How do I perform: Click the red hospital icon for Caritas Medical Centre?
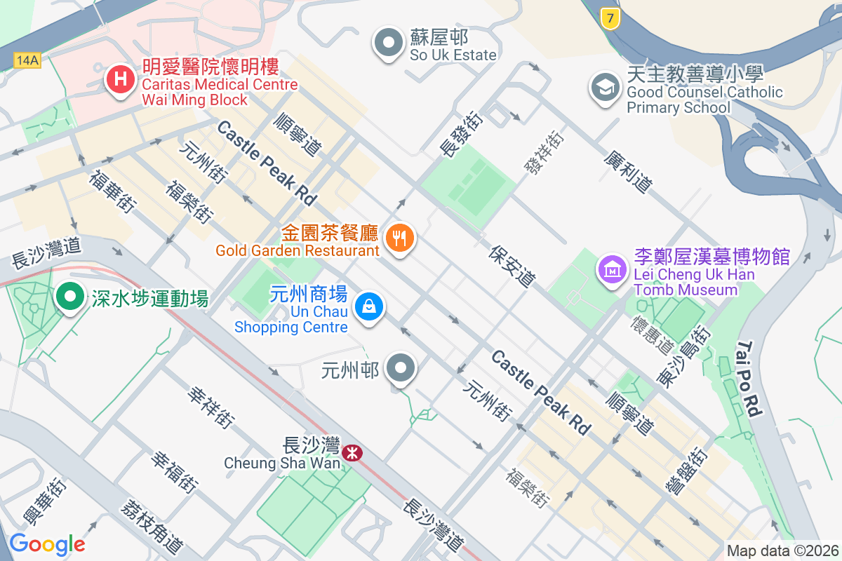click(x=120, y=79)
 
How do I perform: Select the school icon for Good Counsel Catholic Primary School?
click(x=604, y=88)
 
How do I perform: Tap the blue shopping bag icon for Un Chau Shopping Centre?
click(x=368, y=306)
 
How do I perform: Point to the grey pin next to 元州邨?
click(x=401, y=367)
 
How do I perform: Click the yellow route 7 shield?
click(x=611, y=19)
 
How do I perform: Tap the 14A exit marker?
click(x=27, y=60)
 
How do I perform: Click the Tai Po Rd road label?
click(x=749, y=379)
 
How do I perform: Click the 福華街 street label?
click(x=112, y=190)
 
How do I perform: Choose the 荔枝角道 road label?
click(x=152, y=526)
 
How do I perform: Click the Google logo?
click(x=47, y=543)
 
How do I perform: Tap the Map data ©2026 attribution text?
click(x=782, y=550)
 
